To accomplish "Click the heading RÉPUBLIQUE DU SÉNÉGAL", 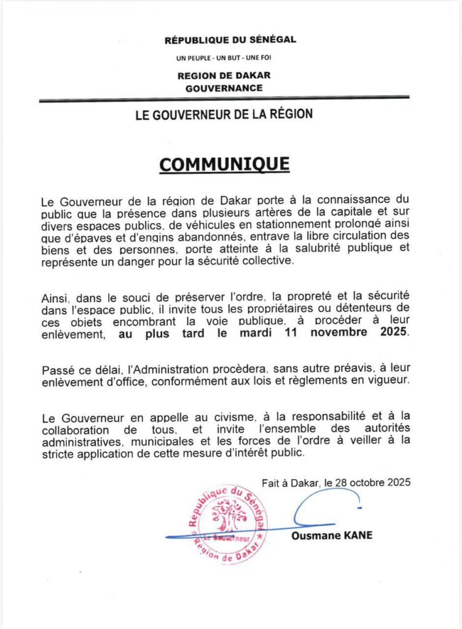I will point(230,40).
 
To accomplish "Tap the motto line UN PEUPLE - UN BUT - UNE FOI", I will point(224,58).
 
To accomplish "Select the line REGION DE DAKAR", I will point(224,76).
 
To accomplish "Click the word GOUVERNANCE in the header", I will point(224,88).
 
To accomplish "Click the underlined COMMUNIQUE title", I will point(224,165).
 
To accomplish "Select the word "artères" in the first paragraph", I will point(257,213).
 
